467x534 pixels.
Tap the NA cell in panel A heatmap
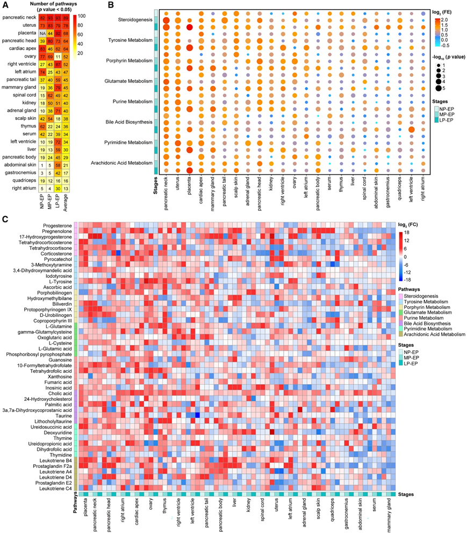46,33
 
